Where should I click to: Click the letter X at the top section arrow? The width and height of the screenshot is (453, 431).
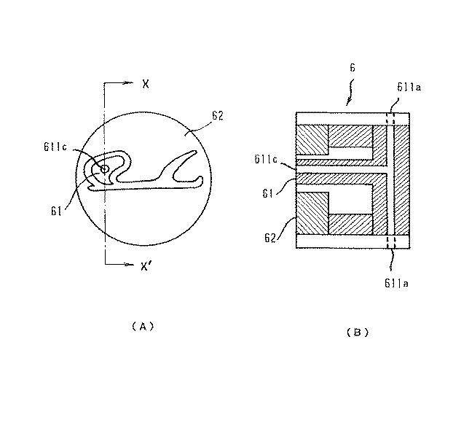click(x=146, y=84)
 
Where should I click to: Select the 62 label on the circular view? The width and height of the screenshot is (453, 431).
click(x=216, y=115)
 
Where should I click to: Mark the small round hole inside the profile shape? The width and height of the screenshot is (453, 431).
click(x=104, y=168)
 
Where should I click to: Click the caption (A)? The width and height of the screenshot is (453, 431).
click(x=143, y=326)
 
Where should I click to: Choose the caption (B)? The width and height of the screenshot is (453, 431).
click(x=357, y=332)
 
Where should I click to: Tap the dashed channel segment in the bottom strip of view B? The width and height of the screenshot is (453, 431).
click(x=390, y=241)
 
